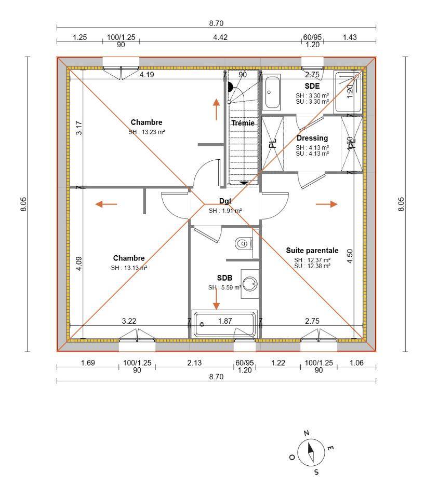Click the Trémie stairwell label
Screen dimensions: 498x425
coord(243,123)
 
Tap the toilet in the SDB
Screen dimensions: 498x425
coord(243,243)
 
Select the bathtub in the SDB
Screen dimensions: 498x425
coord(224,325)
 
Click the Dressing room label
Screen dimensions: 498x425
coord(312,139)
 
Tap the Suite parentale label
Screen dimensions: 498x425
coord(312,251)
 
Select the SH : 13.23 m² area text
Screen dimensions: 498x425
coord(147,132)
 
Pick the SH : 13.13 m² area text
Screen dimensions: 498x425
coord(129,268)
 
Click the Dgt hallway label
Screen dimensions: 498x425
coord(225,201)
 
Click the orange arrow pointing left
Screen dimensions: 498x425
coord(106,204)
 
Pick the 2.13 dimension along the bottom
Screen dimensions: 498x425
coord(194,363)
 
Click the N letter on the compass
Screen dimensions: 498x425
coord(307,433)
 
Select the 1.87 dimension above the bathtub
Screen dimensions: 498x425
coord(225,321)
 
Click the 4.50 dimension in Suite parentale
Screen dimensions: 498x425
coord(350,257)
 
